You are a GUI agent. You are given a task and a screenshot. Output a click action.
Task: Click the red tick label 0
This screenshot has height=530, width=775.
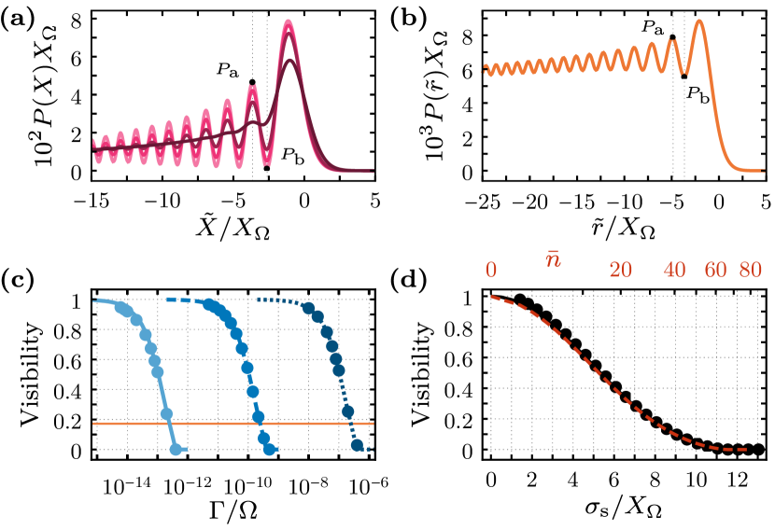(x=490, y=271)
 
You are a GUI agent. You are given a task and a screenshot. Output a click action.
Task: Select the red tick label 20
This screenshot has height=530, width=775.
(x=621, y=271)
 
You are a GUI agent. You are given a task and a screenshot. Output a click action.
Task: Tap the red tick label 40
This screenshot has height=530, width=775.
(x=675, y=271)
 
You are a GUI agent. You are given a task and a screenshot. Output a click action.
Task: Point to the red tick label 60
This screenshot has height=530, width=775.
(x=715, y=271)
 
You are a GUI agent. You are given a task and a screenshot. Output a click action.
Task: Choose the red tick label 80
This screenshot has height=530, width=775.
(x=751, y=271)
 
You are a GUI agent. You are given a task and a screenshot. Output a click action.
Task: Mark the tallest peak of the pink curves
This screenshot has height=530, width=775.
(x=289, y=21)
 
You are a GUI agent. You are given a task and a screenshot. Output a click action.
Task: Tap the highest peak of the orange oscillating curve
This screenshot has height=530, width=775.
(x=698, y=21)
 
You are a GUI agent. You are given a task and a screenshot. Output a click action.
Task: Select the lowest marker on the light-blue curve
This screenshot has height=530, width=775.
(x=176, y=450)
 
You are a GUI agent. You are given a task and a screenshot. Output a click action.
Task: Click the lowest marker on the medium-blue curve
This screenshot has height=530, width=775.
(x=270, y=450)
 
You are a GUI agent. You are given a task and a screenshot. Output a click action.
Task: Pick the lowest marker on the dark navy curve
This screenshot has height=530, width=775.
(x=358, y=446)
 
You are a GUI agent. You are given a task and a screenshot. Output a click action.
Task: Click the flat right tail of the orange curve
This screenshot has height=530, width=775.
(x=752, y=171)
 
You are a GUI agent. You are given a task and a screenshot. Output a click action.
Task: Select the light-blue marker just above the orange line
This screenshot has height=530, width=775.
(x=166, y=412)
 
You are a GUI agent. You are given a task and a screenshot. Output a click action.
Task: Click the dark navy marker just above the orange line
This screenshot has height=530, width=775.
(x=348, y=411)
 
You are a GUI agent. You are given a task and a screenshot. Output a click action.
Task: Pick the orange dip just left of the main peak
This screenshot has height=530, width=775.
(x=685, y=72)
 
